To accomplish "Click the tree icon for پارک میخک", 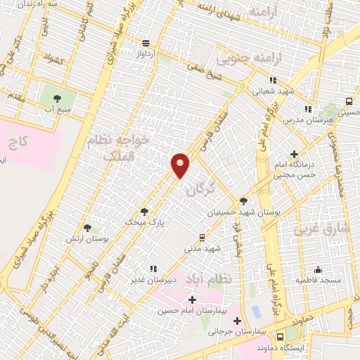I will point(145,211).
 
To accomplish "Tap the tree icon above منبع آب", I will point(57,98).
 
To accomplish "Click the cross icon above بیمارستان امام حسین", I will point(193,300).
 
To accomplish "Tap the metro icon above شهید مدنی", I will point(202,237).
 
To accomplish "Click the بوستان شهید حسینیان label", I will point(234,212).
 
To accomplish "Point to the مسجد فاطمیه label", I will point(318,281).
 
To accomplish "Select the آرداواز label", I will point(146,53).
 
